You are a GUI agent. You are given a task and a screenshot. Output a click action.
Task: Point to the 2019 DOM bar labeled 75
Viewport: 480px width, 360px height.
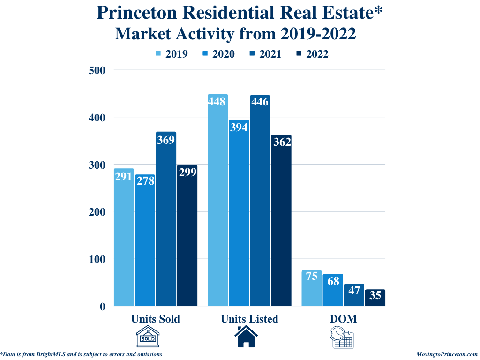311,289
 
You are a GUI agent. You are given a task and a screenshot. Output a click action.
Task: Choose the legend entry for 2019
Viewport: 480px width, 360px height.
172,54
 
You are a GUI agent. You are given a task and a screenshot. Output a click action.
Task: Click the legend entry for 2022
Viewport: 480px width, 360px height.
312,54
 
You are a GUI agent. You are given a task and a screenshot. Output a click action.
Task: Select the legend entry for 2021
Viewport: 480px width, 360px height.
265,54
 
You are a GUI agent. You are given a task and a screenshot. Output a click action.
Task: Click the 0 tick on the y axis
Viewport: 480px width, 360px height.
102,307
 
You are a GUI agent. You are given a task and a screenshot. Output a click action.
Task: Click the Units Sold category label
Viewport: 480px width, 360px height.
156,319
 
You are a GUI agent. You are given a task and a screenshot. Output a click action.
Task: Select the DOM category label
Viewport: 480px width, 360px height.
343,319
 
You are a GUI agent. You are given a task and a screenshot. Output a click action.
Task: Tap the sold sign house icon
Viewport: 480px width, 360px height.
148,337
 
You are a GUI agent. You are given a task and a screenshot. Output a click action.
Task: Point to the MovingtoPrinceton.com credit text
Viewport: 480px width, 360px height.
447,355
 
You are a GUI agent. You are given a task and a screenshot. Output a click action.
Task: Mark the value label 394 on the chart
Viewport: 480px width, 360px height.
239,127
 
